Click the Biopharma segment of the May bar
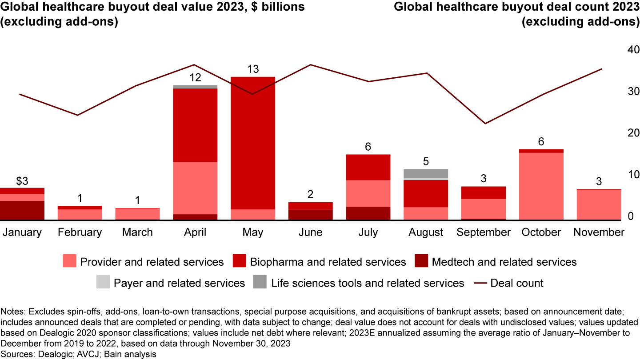[x=253, y=143]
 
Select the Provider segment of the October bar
[x=541, y=186]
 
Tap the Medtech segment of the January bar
[x=22, y=210]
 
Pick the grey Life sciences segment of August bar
[x=426, y=173]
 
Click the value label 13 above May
[x=253, y=69]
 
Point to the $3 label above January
[x=22, y=181]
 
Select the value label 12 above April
[x=195, y=78]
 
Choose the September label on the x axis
[x=484, y=232]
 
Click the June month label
[x=311, y=232]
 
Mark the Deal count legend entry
[x=516, y=283]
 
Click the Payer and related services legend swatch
[x=103, y=283]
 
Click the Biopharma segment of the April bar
[x=195, y=125]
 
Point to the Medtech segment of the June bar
[x=311, y=215]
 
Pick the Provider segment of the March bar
[x=137, y=214]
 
